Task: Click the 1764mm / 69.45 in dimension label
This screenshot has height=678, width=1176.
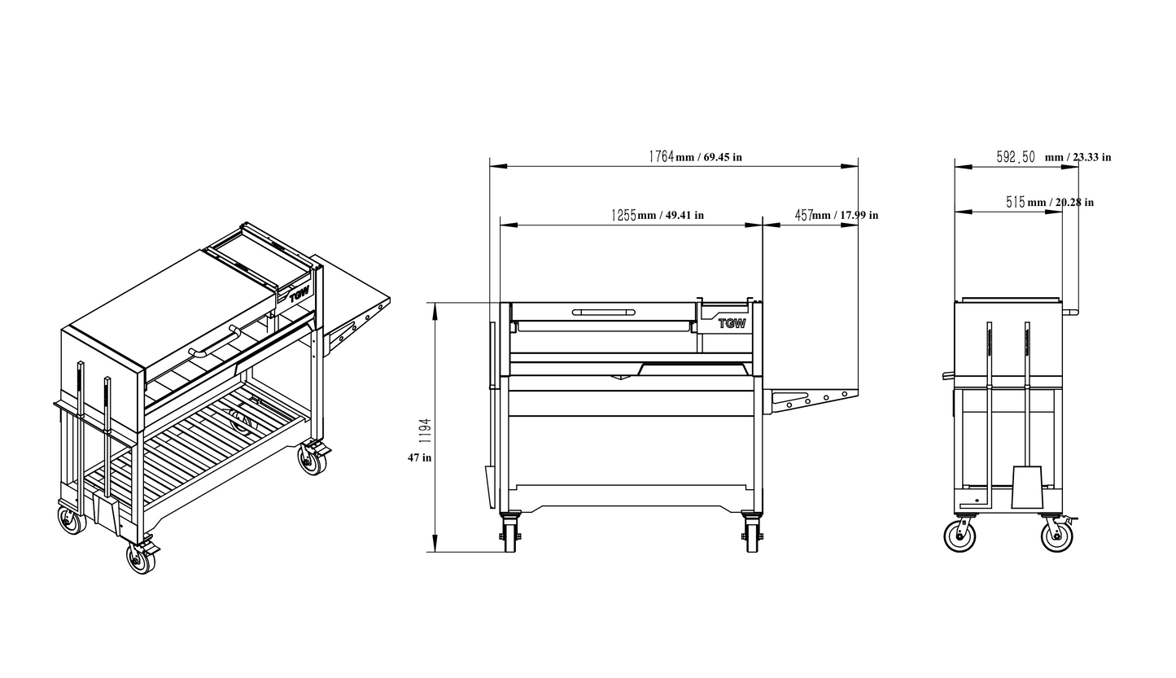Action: click(x=694, y=156)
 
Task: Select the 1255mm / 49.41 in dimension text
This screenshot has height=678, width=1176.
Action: click(x=657, y=216)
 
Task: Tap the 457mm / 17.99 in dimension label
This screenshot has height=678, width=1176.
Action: click(x=836, y=216)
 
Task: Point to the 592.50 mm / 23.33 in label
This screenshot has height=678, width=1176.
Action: click(x=1052, y=157)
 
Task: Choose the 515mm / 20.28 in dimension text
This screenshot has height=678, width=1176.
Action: click(x=1049, y=203)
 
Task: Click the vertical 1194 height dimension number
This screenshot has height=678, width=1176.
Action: click(x=426, y=431)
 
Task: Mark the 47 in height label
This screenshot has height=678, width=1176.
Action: click(x=419, y=457)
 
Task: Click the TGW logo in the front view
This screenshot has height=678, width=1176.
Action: click(x=732, y=323)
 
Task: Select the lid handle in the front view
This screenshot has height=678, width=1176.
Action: click(x=603, y=312)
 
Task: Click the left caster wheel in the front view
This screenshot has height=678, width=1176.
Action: click(x=510, y=537)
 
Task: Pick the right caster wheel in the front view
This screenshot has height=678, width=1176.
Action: click(x=753, y=537)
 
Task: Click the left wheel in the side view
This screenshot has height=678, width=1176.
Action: click(x=960, y=536)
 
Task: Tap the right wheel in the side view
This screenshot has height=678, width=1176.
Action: click(x=1056, y=536)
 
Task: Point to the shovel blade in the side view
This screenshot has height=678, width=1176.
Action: click(x=1027, y=488)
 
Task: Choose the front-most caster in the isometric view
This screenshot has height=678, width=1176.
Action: click(x=141, y=558)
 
